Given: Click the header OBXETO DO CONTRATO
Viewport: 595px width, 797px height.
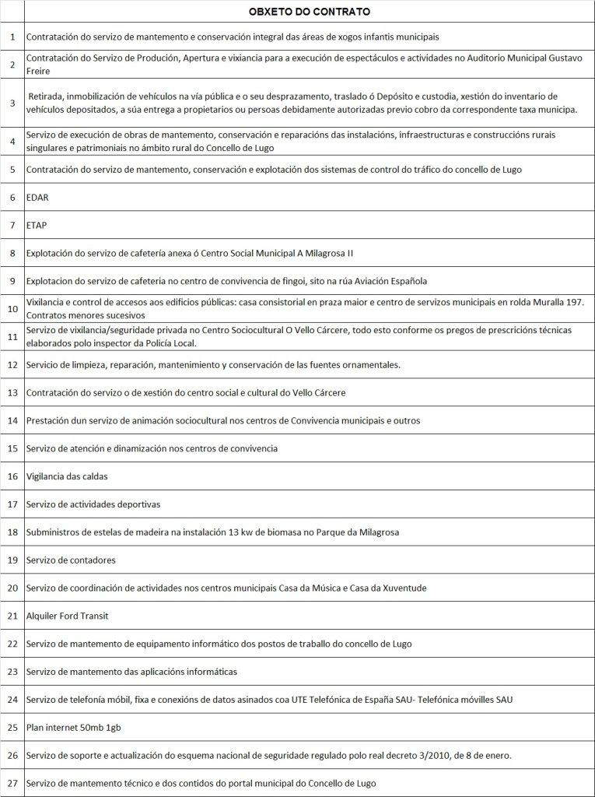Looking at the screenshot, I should point(309,12).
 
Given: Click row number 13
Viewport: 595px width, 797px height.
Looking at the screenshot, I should point(12,392).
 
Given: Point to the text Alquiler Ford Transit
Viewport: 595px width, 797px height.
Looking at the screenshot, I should point(67,616).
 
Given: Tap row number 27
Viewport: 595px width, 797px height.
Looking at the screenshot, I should point(12,783).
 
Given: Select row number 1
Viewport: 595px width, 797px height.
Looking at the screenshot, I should point(12,37).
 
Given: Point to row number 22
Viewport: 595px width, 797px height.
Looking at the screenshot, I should point(12,644).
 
